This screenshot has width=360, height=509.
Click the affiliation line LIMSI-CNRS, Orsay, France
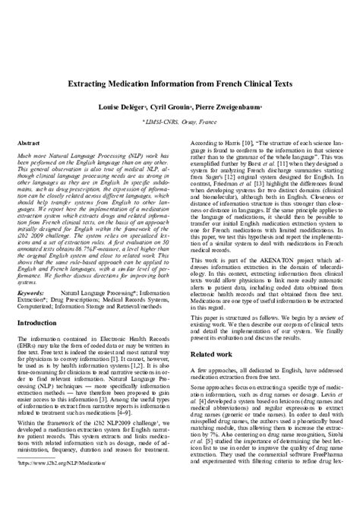pyautogui.click(x=180, y=122)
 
